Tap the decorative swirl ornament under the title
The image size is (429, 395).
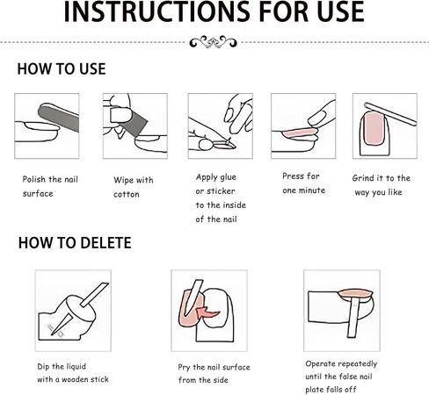coord(213,42)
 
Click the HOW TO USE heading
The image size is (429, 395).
coord(62,69)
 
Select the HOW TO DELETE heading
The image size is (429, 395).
coord(75,243)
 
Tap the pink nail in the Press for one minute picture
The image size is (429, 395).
coord(300,133)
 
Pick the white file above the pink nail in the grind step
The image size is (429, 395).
coord(390,114)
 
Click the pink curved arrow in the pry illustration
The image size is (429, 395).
coord(207,313)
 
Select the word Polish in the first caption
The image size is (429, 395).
coord(34,179)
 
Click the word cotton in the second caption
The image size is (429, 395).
coord(127,194)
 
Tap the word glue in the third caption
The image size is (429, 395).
coord(227,177)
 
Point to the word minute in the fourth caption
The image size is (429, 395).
coord(312,190)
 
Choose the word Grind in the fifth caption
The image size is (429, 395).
coord(363,178)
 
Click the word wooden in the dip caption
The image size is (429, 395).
coord(75,379)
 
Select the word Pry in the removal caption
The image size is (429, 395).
coord(185,367)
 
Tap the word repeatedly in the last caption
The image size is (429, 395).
coord(359,364)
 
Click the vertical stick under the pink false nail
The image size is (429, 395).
coord(353,318)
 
